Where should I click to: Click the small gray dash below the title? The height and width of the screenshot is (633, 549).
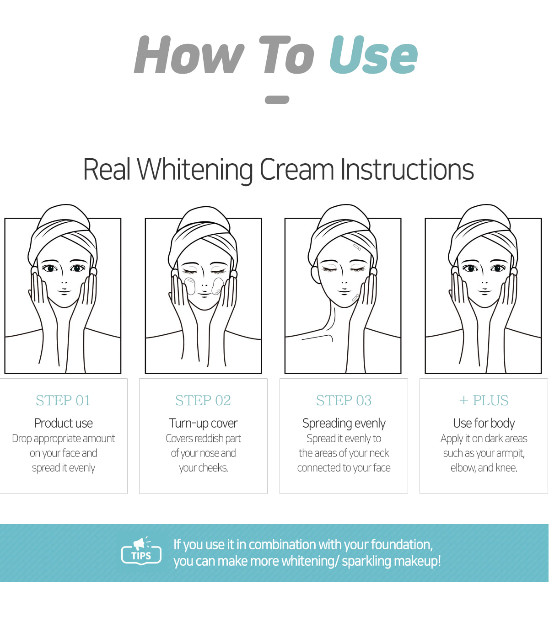pyautogui.click(x=277, y=100)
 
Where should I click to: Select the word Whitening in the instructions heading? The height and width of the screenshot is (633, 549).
pyautogui.click(x=195, y=170)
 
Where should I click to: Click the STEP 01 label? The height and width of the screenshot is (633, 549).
pyautogui.click(x=63, y=400)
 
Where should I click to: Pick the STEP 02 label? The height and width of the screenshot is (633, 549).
pyautogui.click(x=203, y=400)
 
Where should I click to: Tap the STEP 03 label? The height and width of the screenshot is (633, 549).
pyautogui.click(x=344, y=400)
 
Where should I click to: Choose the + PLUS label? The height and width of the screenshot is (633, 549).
pyautogui.click(x=484, y=400)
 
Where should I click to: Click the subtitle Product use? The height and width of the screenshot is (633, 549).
pyautogui.click(x=64, y=423)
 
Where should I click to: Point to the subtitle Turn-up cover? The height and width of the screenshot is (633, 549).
pyautogui.click(x=203, y=424)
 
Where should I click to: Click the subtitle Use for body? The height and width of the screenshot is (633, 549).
pyautogui.click(x=484, y=424)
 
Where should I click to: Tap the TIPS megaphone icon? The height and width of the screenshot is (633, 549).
pyautogui.click(x=141, y=551)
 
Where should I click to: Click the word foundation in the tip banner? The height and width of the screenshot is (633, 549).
pyautogui.click(x=402, y=545)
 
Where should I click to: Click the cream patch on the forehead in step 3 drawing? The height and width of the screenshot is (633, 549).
pyautogui.click(x=357, y=247)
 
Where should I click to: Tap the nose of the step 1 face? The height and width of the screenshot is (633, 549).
pyautogui.click(x=64, y=282)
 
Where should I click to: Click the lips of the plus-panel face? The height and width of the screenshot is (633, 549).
pyautogui.click(x=484, y=290)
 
